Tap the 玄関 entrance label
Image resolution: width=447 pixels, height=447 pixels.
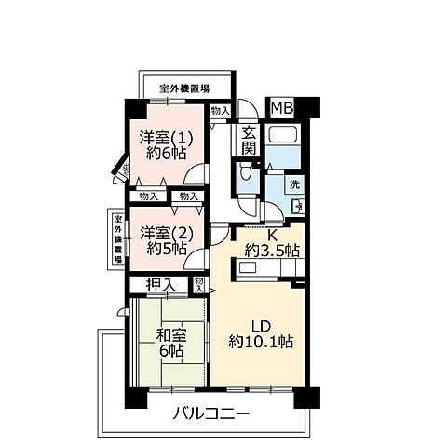250,141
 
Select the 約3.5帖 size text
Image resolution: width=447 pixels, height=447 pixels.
272,250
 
